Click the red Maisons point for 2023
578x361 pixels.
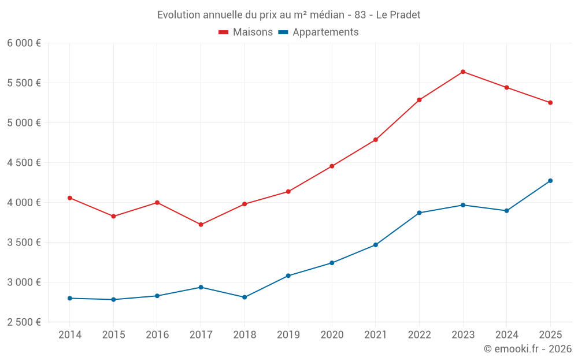coord(463,72)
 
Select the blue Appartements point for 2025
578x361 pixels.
coord(550,181)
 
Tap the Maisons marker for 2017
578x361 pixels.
coord(201,225)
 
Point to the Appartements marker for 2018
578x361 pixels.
coord(244,297)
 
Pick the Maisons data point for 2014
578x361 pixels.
coord(70,198)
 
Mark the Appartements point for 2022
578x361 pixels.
coord(419,213)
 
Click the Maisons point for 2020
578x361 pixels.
coord(332,166)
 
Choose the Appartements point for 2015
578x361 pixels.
coord(113,300)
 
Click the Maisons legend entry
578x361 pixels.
coord(246,32)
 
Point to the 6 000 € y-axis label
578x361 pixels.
coord(24,43)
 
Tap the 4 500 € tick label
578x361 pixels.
coord(24,163)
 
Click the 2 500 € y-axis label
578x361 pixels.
coord(24,322)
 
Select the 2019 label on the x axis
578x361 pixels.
coord(288,335)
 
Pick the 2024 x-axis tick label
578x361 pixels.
coord(506,335)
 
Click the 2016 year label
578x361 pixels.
coord(157,335)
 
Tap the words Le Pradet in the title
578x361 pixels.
coord(398,14)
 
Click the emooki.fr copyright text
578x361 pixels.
coord(527,349)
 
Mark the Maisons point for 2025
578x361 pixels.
coord(550,103)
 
